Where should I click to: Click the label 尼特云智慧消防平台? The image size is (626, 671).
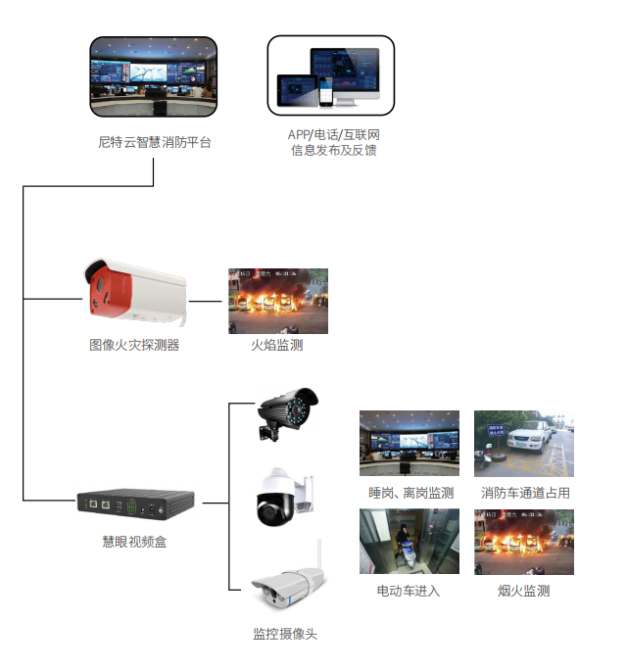point(154,143)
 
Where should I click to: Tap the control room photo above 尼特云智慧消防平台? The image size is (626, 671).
point(154,76)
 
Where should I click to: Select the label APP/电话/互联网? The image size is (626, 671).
point(333,134)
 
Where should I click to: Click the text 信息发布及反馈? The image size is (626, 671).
point(333,150)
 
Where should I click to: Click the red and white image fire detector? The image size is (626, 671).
point(132,291)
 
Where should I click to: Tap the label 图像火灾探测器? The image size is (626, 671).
point(134,345)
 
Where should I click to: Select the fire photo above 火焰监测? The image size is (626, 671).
point(278,301)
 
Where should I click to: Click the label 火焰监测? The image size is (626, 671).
point(277,345)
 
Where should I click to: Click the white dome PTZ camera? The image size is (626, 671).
point(283,497)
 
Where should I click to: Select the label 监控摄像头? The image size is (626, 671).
point(285,634)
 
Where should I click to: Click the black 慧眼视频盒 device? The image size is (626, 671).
point(135,504)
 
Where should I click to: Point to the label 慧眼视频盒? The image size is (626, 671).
point(134,541)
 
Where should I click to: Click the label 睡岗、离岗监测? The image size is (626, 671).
point(409,493)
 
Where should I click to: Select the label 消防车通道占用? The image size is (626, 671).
point(525,493)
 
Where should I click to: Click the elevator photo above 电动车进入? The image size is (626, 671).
point(409,541)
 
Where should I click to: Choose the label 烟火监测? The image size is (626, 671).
point(523,591)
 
